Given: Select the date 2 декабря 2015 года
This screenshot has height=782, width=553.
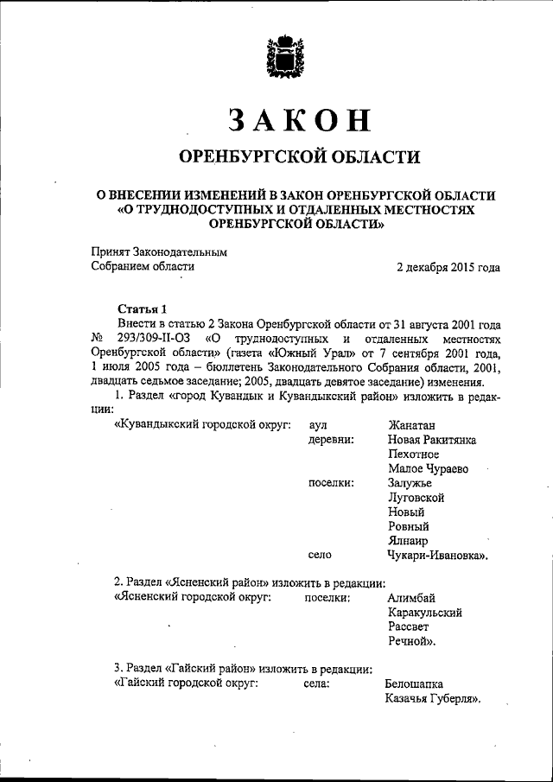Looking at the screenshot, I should [x=448, y=267].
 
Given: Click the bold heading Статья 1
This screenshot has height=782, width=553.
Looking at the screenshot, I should [x=142, y=309].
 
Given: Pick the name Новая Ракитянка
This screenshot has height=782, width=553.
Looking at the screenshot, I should [x=432, y=440].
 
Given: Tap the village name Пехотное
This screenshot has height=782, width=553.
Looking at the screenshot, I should [x=415, y=455].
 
